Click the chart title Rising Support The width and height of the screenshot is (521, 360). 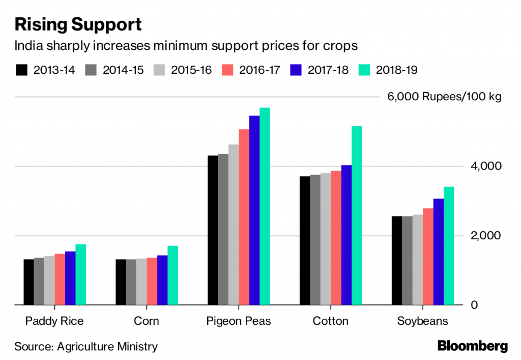click(x=78, y=24)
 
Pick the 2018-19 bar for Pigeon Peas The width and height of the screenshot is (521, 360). click(x=265, y=206)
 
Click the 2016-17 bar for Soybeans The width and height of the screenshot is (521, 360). click(x=428, y=257)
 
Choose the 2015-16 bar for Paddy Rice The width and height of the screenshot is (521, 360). click(x=49, y=281)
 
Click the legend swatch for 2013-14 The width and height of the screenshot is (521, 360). click(x=21, y=70)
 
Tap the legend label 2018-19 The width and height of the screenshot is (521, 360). click(x=396, y=70)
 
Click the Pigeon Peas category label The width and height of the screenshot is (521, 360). click(x=239, y=321)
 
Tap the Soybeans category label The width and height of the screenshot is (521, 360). click(x=423, y=321)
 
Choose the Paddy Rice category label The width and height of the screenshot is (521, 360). click(x=54, y=321)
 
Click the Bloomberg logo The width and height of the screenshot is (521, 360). click(x=473, y=346)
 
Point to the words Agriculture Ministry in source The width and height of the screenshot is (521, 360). click(x=107, y=347)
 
